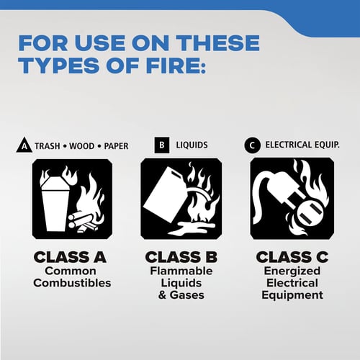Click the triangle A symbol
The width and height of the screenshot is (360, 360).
[x=24, y=145]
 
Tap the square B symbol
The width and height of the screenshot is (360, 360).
[x=162, y=145]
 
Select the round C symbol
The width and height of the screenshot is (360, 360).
[x=252, y=145]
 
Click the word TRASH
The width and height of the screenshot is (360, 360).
[x=48, y=146]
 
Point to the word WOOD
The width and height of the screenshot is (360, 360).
[x=81, y=146]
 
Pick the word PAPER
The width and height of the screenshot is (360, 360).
[x=116, y=146]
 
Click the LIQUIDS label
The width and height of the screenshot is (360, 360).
[x=192, y=145]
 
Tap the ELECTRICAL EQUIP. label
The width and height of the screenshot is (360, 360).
[x=302, y=145]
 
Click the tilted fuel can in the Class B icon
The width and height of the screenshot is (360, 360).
[x=163, y=195]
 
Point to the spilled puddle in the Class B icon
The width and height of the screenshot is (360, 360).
[x=192, y=228]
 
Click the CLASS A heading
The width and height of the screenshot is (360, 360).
[x=70, y=257]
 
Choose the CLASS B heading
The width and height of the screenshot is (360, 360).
[x=181, y=257]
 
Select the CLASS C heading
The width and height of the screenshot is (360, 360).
[x=292, y=257]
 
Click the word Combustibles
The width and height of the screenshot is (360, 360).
[x=72, y=283]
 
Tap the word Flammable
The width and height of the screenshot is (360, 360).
[x=181, y=271]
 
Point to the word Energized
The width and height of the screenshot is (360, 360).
[x=292, y=271]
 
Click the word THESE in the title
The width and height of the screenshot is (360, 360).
[x=217, y=43]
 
